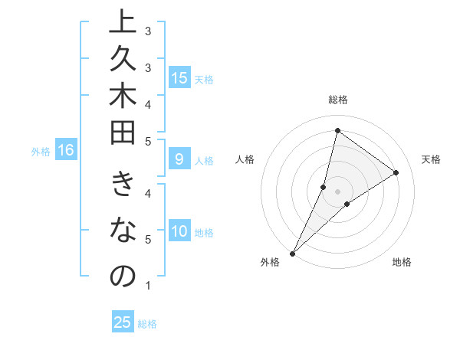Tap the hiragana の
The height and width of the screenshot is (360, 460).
(123, 277)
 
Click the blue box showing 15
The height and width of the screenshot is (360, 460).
(179, 78)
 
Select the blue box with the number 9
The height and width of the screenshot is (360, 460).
(179, 160)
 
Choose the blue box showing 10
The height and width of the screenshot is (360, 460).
(179, 232)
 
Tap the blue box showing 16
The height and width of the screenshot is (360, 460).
(66, 151)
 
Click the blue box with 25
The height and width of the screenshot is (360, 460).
(123, 322)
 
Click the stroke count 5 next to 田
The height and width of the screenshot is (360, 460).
(147, 141)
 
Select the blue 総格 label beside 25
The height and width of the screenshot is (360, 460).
(147, 324)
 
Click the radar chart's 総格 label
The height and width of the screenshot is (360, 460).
(337, 100)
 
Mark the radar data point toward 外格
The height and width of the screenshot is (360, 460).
(292, 253)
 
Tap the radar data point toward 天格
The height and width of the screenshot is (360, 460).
(396, 173)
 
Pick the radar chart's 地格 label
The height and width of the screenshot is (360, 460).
(402, 262)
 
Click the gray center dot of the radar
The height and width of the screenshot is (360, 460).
(337, 191)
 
